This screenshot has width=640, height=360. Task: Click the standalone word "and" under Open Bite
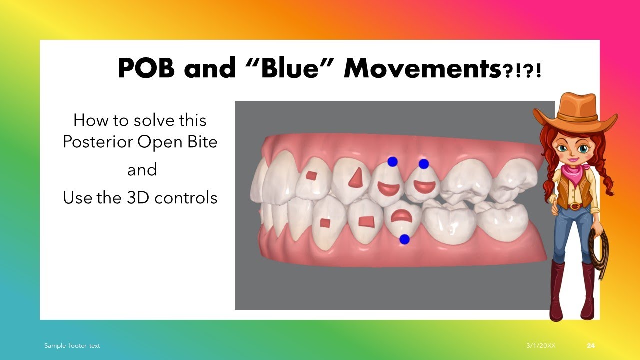[x=142, y=170]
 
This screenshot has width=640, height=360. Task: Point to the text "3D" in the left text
[x=136, y=198]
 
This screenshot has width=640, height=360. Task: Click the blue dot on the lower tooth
[x=405, y=239]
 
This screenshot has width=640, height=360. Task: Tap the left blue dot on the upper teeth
[x=392, y=161]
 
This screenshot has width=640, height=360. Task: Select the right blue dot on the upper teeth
[x=424, y=163]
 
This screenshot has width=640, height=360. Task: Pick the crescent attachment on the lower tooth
[x=400, y=215]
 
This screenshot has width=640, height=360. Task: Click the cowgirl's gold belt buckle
[x=575, y=205]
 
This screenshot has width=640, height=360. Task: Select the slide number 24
[x=591, y=346]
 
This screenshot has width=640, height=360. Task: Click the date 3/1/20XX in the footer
[x=540, y=346]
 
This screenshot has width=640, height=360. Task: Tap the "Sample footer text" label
[x=72, y=346]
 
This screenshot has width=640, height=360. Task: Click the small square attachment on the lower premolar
[x=325, y=222]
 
